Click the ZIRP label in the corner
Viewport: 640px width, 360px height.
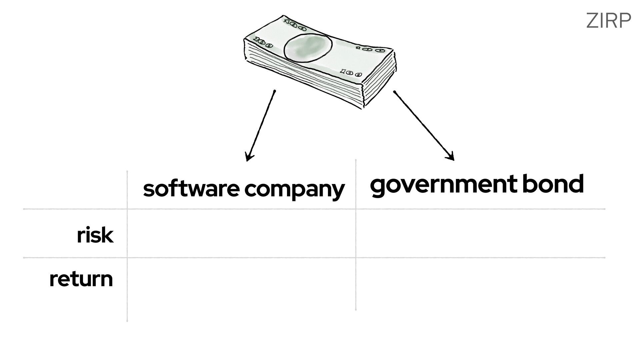coord(608,21)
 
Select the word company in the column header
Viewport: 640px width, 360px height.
coord(294,190)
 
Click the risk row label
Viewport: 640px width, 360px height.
coord(95,235)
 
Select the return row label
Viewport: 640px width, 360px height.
coord(81,279)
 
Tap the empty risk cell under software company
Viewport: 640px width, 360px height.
coord(241,233)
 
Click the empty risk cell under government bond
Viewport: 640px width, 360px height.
coord(480,233)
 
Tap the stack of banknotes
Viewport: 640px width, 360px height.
coord(320,60)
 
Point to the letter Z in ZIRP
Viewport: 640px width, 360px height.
coord(591,21)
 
